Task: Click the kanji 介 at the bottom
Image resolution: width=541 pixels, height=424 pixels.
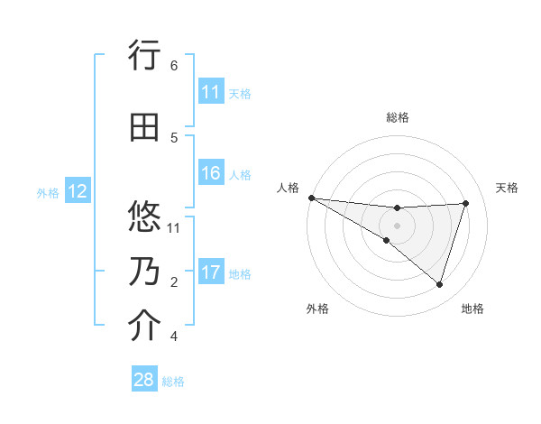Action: [143, 326]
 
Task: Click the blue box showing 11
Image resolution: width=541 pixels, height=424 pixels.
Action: [211, 92]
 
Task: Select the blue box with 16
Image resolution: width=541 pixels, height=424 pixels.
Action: [211, 173]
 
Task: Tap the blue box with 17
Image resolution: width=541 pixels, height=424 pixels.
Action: [211, 272]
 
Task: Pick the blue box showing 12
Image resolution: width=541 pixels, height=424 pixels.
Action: [77, 191]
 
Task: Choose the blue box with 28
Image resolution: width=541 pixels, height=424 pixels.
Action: [144, 380]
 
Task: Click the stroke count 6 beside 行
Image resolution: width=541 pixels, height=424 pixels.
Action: [173, 66]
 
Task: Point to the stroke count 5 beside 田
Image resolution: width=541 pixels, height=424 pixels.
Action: [173, 138]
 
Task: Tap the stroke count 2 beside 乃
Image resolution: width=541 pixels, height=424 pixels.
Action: [173, 282]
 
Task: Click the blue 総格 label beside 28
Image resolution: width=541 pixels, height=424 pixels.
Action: [173, 382]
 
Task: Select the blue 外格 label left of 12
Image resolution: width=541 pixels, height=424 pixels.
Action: [48, 192]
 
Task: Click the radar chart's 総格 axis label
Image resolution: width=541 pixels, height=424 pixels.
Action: [397, 117]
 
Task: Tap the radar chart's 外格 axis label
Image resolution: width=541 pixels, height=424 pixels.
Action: [317, 309]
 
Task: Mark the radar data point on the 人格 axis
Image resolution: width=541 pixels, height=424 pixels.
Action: [311, 198]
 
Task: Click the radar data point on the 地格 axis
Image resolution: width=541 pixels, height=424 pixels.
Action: [439, 284]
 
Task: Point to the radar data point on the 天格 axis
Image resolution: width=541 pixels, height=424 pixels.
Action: [466, 203]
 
